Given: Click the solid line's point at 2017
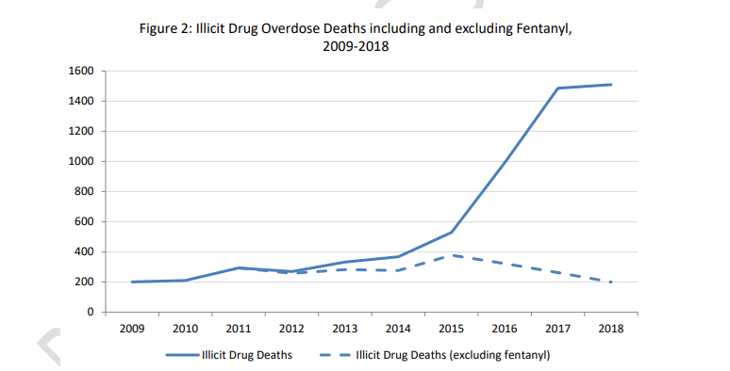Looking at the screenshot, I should pyautogui.click(x=557, y=89).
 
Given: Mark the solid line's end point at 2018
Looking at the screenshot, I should pyautogui.click(x=611, y=85).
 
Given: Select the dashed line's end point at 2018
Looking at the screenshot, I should pyautogui.click(x=611, y=282).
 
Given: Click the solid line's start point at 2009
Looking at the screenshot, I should pyautogui.click(x=131, y=282).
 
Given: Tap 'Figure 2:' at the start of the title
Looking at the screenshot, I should pyautogui.click(x=167, y=28).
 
